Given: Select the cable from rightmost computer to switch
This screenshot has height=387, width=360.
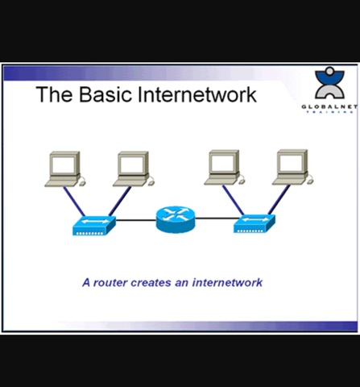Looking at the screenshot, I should (x=279, y=202).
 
